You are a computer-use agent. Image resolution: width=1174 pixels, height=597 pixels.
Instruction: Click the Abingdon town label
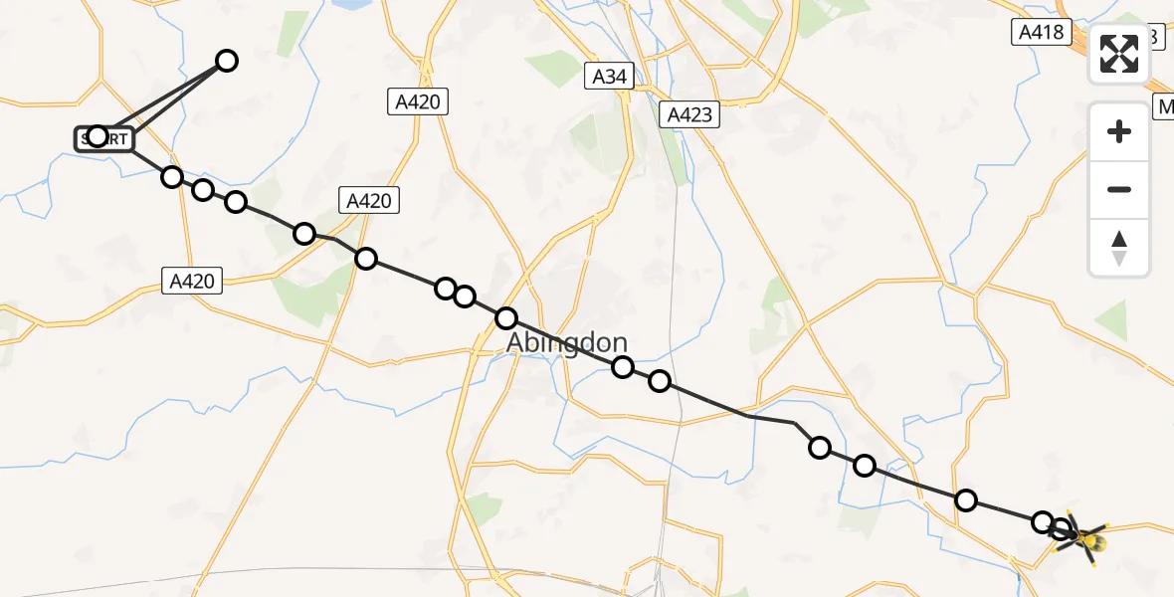pyautogui.click(x=567, y=343)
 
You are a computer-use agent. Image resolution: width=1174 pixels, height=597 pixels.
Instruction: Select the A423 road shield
pyautogui.click(x=689, y=114)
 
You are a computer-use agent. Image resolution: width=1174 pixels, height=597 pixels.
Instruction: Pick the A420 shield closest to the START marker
pyautogui.click(x=192, y=282)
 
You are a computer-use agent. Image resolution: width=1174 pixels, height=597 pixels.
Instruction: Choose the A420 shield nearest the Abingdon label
pyautogui.click(x=369, y=200)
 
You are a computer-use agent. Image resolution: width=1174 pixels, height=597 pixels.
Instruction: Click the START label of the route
pyautogui.click(x=103, y=138)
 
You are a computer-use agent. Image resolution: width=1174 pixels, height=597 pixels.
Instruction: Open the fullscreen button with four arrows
pyautogui.click(x=1119, y=54)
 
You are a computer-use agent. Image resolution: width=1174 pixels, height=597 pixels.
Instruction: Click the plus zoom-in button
pyautogui.click(x=1119, y=131)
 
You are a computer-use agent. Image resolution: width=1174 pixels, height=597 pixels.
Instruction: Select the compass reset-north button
pyautogui.click(x=1119, y=247)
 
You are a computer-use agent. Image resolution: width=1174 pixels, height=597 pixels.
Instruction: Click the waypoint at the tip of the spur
pyautogui.click(x=227, y=61)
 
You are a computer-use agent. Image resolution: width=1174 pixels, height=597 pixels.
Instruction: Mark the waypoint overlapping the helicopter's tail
pyautogui.click(x=1062, y=529)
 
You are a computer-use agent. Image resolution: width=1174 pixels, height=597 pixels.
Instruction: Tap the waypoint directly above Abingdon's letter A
pyautogui.click(x=506, y=318)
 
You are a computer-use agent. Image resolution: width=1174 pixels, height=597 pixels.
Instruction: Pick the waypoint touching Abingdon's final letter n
pyautogui.click(x=623, y=367)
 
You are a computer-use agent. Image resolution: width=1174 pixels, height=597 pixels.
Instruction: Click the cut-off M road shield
pyautogui.click(x=1164, y=106)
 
